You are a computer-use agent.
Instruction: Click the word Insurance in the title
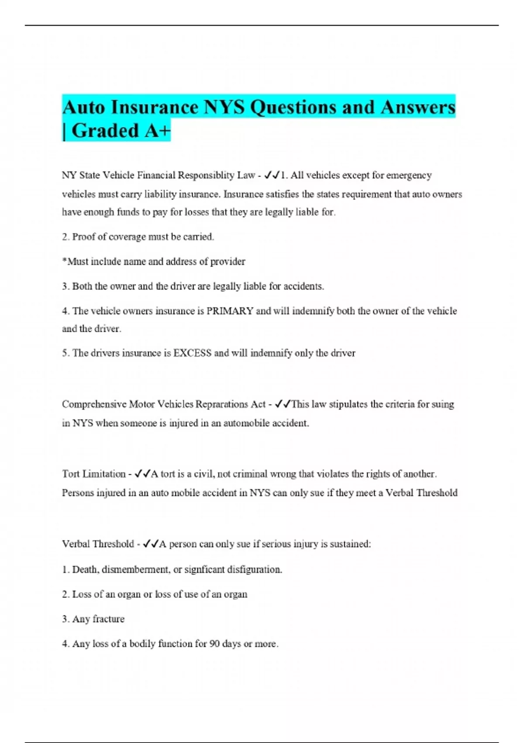pos(155,108)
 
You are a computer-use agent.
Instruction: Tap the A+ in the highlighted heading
pos(157,131)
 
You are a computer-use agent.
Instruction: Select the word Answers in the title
pos(418,108)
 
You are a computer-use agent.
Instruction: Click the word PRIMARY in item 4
pos(230,311)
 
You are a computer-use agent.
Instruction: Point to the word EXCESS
pos(193,353)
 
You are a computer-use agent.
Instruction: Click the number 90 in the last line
pos(214,644)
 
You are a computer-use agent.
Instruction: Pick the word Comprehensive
pos(94,404)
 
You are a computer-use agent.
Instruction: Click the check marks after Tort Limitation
pos(143,474)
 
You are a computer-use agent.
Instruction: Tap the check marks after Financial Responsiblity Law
pos(272,175)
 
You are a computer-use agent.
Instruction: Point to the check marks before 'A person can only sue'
pos(151,544)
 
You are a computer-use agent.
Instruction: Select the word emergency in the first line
pos(409,175)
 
